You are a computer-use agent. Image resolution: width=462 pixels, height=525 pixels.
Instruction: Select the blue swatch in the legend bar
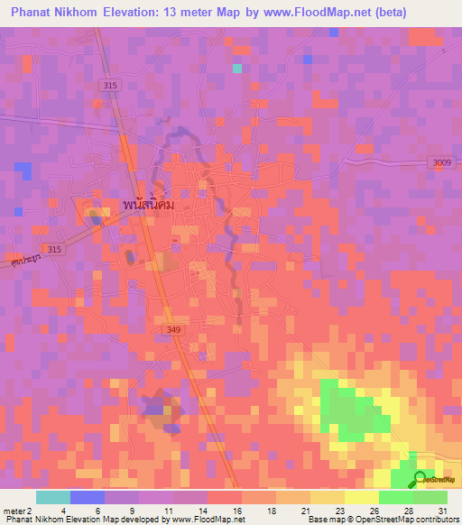click(x=88, y=497)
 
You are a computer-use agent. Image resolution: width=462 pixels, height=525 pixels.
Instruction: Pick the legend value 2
click(x=32, y=510)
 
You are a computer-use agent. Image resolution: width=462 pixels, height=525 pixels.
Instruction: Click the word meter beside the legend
click(x=15, y=510)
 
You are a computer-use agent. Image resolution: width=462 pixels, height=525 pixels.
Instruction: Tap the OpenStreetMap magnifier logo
click(x=420, y=480)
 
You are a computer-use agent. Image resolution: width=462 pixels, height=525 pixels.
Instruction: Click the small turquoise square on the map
click(x=237, y=68)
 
